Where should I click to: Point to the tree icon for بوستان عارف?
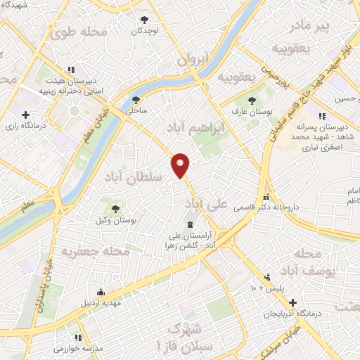[251, 101]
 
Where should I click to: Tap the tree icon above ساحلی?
[136, 100]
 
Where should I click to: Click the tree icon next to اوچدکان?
[145, 20]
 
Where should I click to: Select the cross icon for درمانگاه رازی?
[26, 114]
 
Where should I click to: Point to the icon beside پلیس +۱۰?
[266, 277]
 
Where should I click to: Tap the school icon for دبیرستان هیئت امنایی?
[70, 70]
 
